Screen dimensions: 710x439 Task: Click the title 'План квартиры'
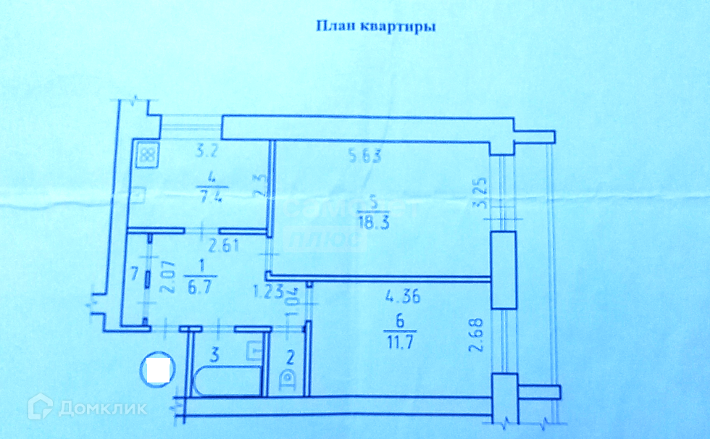click(375, 28)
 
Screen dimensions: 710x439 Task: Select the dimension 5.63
click(361, 154)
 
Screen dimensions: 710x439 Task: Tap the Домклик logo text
click(102, 408)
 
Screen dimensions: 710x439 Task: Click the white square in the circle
click(157, 371)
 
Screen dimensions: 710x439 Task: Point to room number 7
click(134, 275)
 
